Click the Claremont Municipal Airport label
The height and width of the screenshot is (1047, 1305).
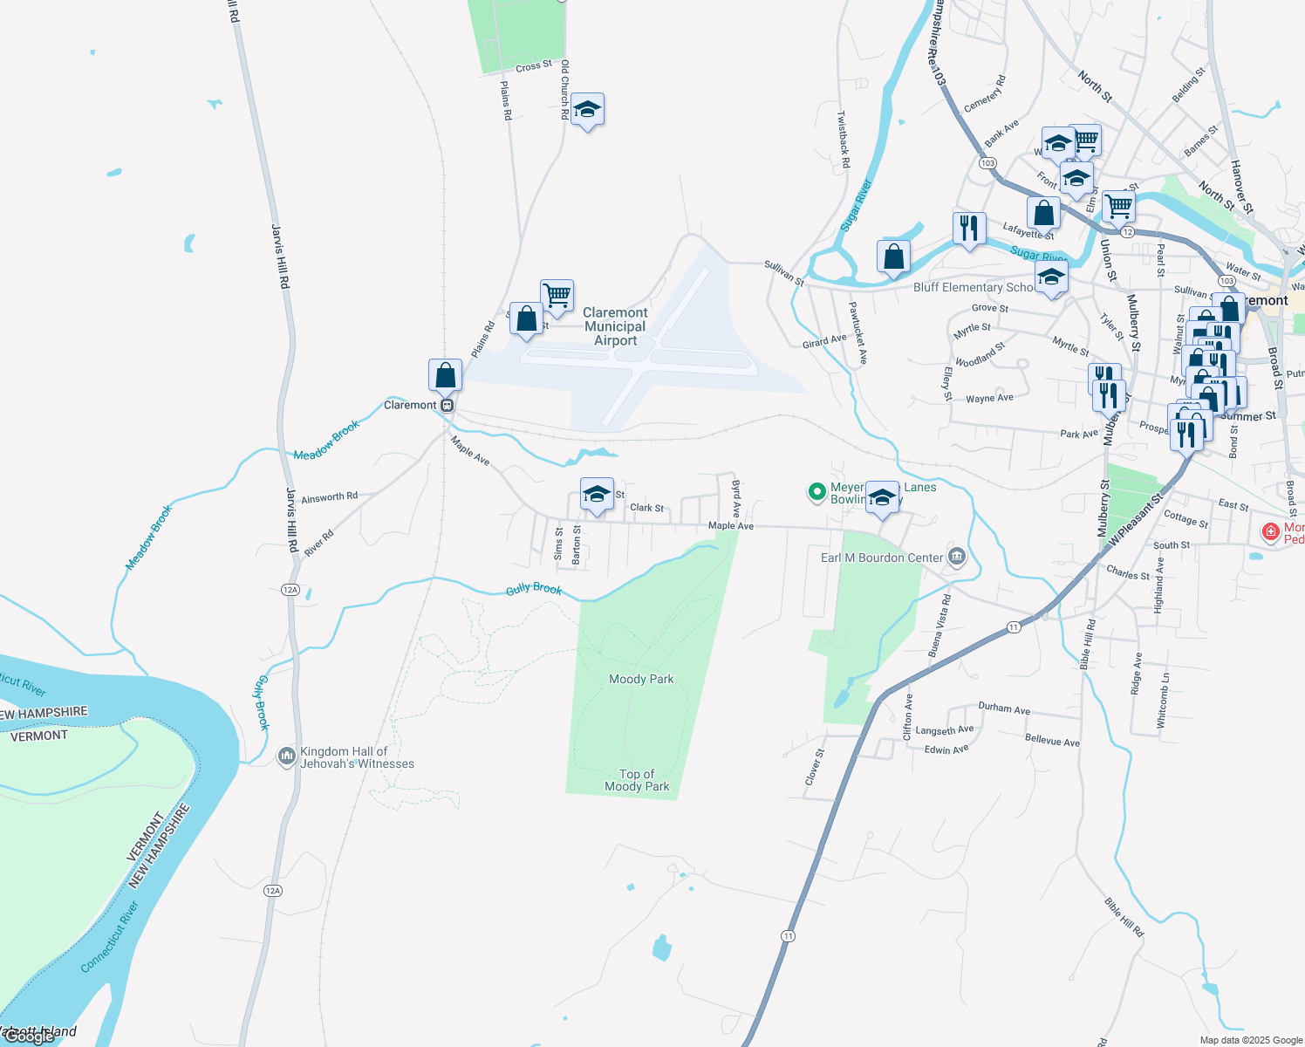[615, 326]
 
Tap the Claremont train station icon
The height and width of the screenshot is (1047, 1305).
[447, 406]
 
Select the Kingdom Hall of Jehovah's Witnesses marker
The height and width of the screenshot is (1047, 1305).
[286, 756]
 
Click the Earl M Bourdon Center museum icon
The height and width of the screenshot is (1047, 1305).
[957, 557]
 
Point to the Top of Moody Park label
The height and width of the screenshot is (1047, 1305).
[637, 780]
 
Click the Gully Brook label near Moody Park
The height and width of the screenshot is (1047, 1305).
[534, 590]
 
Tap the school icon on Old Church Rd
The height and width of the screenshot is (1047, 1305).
[587, 110]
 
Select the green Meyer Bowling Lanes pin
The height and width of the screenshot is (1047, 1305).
[816, 493]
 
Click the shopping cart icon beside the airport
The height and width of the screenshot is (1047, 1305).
[557, 295]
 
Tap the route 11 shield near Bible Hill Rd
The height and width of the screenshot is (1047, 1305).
[1013, 627]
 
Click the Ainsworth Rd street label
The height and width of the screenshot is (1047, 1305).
[329, 497]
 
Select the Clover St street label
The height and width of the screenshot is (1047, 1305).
[814, 765]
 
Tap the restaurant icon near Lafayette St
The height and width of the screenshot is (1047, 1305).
[969, 229]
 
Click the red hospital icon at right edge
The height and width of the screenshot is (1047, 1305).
[1271, 530]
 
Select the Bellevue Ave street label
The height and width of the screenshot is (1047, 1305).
[1052, 741]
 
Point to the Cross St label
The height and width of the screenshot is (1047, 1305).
[533, 66]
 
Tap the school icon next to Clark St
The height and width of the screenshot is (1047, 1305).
[597, 495]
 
